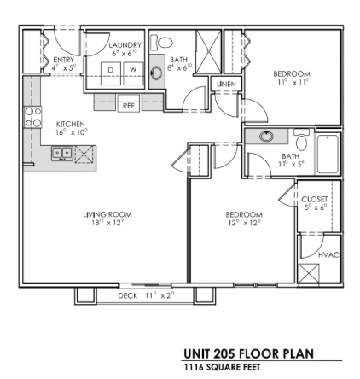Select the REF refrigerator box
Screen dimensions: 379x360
click(x=128, y=104)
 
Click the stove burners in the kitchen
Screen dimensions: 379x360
click(x=32, y=118)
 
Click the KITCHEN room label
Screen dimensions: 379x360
click(x=72, y=123)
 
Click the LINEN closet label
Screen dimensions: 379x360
click(x=225, y=85)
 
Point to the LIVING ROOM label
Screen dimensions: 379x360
click(x=107, y=215)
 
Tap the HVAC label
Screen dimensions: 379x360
click(x=328, y=254)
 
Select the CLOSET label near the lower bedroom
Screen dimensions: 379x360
click(x=314, y=199)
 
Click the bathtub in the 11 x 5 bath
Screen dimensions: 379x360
click(x=328, y=152)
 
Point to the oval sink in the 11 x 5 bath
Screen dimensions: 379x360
click(x=266, y=136)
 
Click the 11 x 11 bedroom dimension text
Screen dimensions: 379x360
click(x=291, y=82)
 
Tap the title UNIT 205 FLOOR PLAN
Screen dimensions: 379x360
click(x=248, y=354)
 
